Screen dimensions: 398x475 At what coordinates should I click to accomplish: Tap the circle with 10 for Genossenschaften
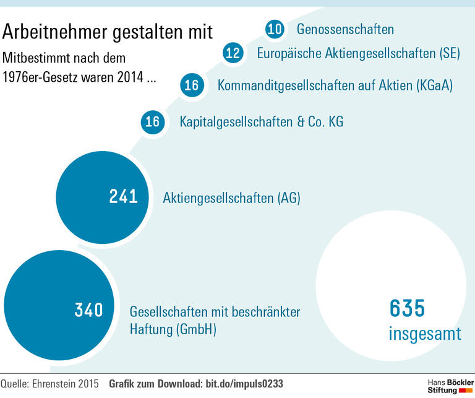click(x=275, y=29)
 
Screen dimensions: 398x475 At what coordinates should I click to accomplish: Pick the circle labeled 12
click(x=233, y=53)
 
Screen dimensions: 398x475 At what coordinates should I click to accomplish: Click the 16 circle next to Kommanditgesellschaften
click(x=192, y=85)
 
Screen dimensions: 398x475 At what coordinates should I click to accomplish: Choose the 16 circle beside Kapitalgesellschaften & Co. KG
click(x=152, y=121)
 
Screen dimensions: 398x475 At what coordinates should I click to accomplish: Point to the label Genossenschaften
click(x=345, y=29)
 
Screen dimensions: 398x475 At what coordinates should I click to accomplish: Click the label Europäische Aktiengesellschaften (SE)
click(x=358, y=53)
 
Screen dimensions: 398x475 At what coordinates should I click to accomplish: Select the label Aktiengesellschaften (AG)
click(x=231, y=198)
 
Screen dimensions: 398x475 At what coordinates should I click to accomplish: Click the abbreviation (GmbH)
click(x=197, y=329)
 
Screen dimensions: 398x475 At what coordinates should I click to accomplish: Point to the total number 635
click(x=407, y=308)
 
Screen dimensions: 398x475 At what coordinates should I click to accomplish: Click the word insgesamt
click(x=424, y=334)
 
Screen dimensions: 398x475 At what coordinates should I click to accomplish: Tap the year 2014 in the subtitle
click(x=134, y=79)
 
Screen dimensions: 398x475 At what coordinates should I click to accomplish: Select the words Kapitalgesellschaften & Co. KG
click(x=261, y=121)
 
